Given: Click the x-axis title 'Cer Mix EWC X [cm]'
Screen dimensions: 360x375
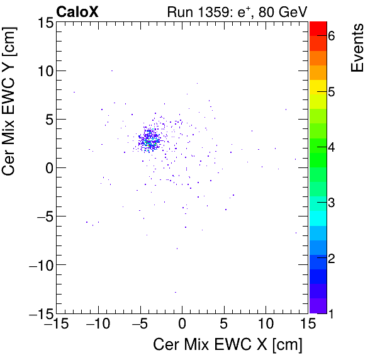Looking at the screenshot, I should (x=228, y=345).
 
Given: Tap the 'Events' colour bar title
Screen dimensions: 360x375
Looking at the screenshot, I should (x=357, y=48).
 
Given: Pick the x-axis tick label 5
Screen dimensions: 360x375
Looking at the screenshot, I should (x=224, y=325).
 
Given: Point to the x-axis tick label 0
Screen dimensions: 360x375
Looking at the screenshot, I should (x=182, y=325).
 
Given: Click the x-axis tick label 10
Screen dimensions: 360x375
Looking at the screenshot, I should (x=266, y=325).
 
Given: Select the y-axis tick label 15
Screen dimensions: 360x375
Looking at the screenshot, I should (x=44, y=23).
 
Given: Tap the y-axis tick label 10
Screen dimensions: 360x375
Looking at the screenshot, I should (x=44, y=71).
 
